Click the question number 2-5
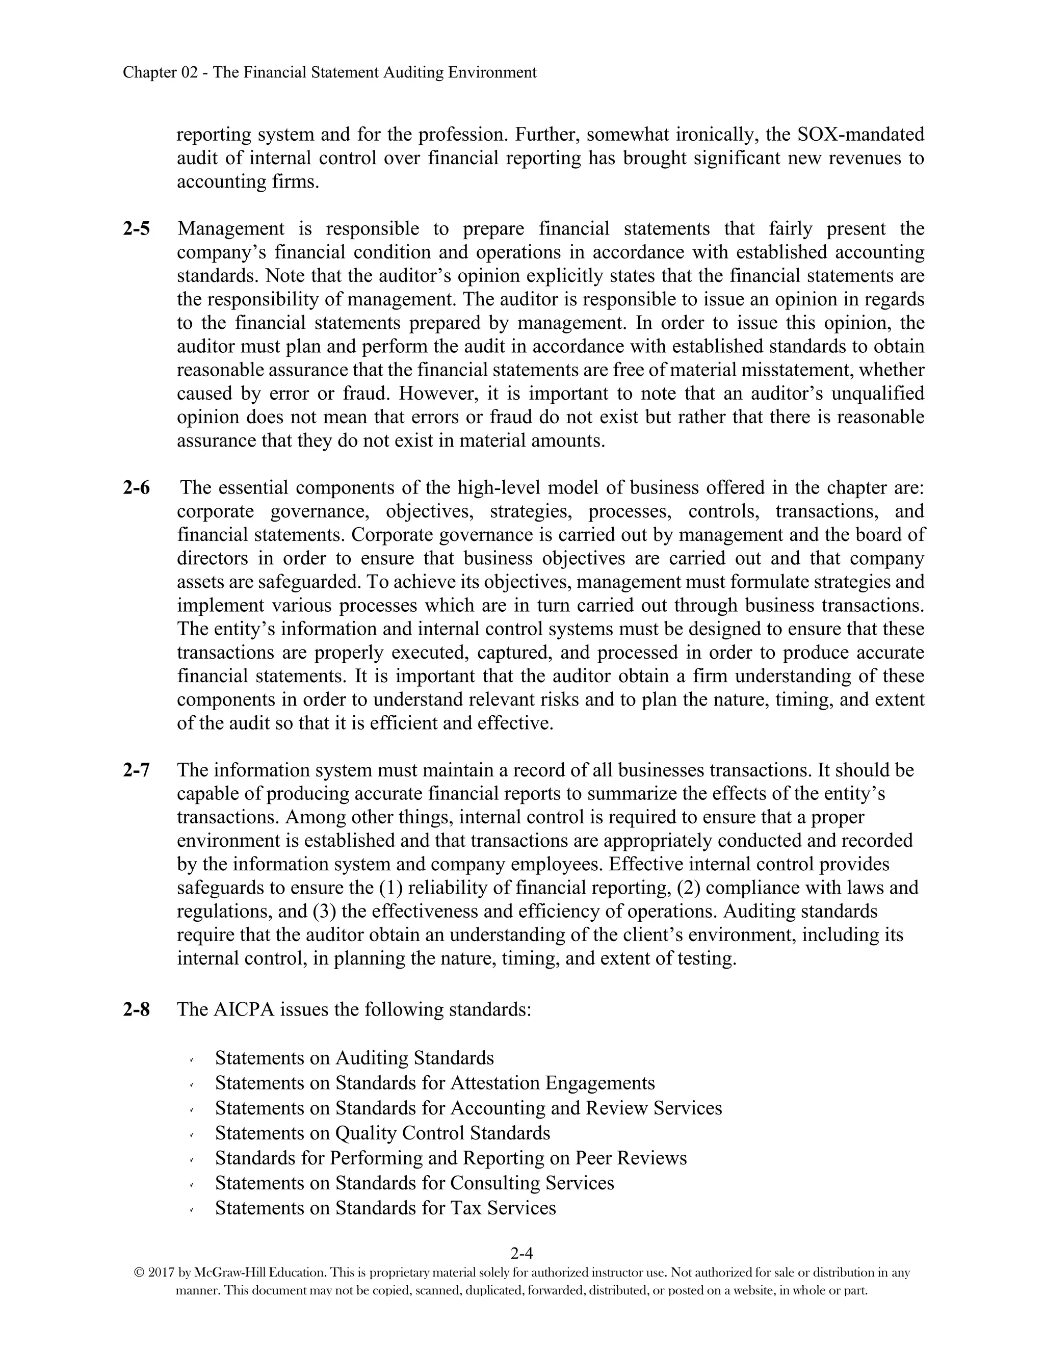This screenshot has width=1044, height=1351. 136,229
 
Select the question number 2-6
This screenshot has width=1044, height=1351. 136,488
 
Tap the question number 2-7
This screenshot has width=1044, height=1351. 136,770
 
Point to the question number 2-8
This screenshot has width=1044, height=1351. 136,1009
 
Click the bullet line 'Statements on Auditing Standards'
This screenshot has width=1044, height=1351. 354,1058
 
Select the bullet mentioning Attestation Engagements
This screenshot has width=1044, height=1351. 435,1083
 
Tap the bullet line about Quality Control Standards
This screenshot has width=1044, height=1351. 382,1133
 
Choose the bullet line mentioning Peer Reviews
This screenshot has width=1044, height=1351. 451,1158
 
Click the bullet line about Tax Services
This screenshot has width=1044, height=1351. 385,1208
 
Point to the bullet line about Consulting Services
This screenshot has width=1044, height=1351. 414,1183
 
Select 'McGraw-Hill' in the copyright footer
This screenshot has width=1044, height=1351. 223,1273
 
